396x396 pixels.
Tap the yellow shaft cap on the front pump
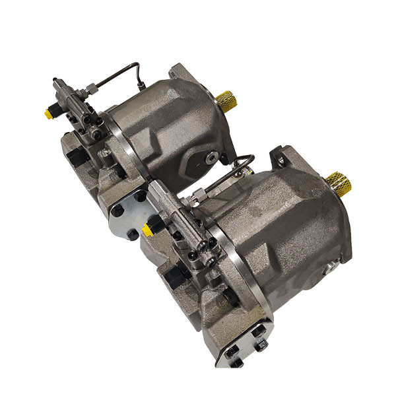tap(339, 183)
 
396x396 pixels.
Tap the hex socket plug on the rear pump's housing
tap(211, 157)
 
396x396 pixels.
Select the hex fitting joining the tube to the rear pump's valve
tap(90, 89)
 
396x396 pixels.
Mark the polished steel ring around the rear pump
tap(123, 142)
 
